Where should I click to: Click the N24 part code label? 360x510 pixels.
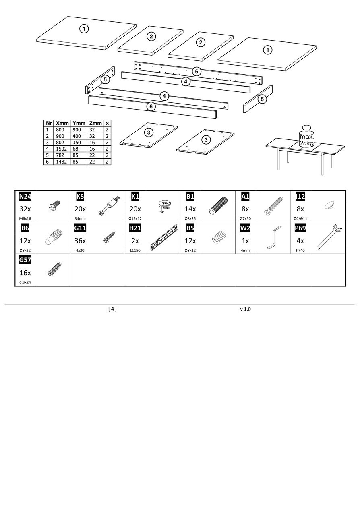pyautogui.click(x=25, y=196)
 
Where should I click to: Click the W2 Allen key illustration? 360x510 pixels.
pyautogui.click(x=273, y=238)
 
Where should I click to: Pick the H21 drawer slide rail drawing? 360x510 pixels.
pyautogui.click(x=164, y=238)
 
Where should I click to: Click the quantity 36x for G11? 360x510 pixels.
pyautogui.click(x=80, y=241)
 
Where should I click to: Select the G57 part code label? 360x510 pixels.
pyautogui.click(x=25, y=260)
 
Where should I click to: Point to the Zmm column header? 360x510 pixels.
pyautogui.click(x=95, y=123)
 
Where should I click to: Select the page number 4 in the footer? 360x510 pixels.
pyautogui.click(x=113, y=309)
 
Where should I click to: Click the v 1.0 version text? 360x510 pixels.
pyautogui.click(x=245, y=309)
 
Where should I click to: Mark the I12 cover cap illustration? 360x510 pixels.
pyautogui.click(x=329, y=205)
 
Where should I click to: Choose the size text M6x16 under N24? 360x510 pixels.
pyautogui.click(x=25, y=218)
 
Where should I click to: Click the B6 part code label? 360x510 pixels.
pyautogui.click(x=25, y=228)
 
